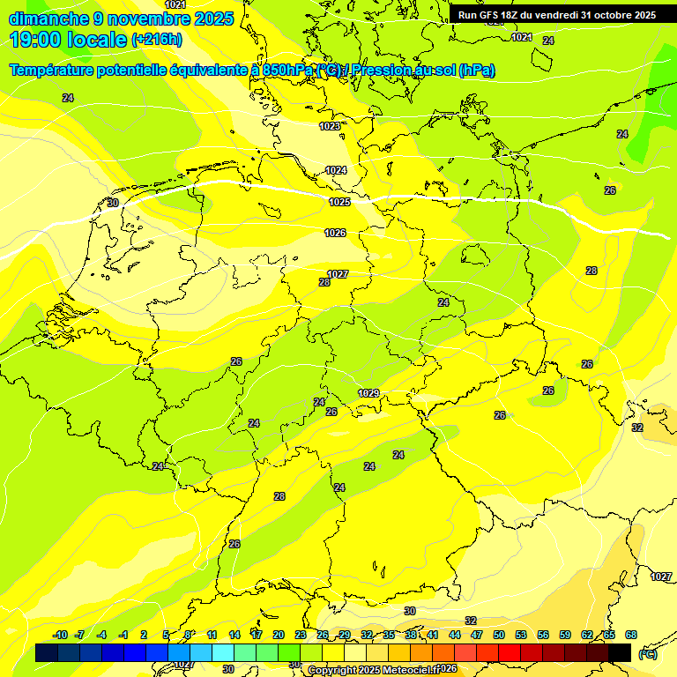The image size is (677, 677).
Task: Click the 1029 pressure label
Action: (x=368, y=393)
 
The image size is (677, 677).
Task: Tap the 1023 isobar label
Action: (x=330, y=127)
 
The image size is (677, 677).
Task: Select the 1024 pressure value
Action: (x=336, y=171)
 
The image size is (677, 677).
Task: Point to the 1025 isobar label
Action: (x=339, y=203)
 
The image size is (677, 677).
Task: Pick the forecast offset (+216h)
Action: (x=157, y=40)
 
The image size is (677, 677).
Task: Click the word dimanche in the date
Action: (x=42, y=18)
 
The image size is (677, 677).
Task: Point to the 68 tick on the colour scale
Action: (x=631, y=635)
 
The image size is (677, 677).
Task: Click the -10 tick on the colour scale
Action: (x=60, y=635)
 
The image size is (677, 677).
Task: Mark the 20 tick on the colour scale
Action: (x=279, y=635)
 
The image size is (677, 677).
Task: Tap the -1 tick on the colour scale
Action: (x=123, y=635)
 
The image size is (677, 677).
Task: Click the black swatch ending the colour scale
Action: (x=620, y=652)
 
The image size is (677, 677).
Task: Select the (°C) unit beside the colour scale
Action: (x=648, y=654)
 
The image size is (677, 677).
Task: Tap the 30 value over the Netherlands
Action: (x=113, y=204)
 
